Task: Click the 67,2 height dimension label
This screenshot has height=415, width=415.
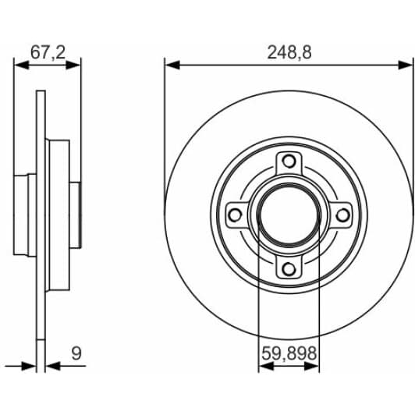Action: tap(48, 51)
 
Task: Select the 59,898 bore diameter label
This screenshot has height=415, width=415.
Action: tap(288, 353)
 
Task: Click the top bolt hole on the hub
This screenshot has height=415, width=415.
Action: tap(289, 162)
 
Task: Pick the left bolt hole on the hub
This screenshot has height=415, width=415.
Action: tap(236, 215)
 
